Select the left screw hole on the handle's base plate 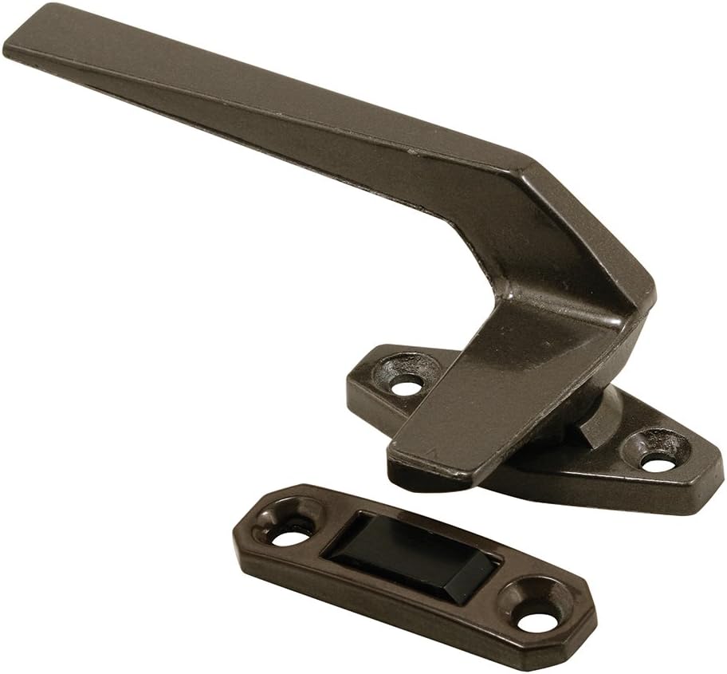pos(407,386)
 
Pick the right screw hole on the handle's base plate pos(656,460)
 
